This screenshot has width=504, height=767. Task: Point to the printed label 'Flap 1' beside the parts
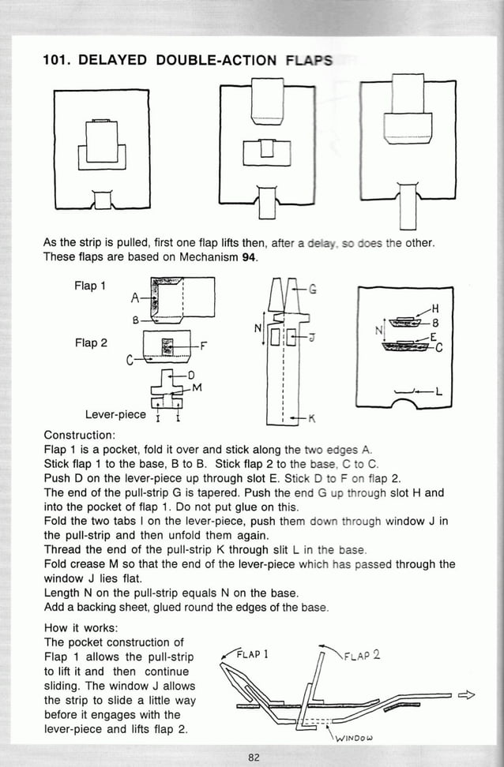tap(90, 286)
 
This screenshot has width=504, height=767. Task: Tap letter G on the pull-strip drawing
tap(313, 289)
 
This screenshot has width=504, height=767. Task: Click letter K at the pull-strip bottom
tap(312, 417)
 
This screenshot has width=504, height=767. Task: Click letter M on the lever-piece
tap(197, 387)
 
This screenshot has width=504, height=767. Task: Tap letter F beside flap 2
tap(204, 345)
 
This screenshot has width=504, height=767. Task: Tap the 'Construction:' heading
tap(80, 436)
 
